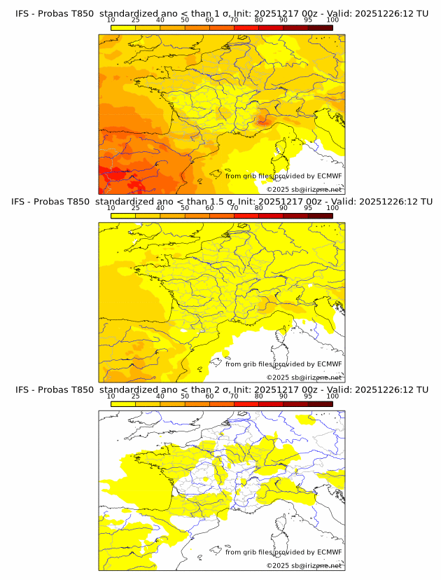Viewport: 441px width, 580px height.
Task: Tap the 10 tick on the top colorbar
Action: point(111,21)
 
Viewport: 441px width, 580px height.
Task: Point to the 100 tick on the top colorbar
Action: point(332,21)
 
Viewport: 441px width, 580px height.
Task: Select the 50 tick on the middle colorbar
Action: point(185,209)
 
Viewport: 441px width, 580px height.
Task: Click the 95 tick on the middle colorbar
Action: point(308,209)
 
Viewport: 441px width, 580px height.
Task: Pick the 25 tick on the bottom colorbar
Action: point(136,396)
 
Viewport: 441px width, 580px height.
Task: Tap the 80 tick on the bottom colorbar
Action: point(259,396)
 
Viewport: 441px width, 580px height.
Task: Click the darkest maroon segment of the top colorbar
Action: point(320,27)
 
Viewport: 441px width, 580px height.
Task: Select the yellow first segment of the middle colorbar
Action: point(123,215)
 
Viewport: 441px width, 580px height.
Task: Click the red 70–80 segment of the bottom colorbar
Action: point(246,403)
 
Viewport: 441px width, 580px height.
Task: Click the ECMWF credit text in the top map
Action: point(283,176)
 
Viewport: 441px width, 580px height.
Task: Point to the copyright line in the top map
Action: point(304,189)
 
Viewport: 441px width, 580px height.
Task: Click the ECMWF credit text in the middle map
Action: point(283,364)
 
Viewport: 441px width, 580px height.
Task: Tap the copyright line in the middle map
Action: point(304,377)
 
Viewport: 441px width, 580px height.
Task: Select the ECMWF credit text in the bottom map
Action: point(283,552)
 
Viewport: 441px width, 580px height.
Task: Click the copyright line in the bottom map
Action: point(304,565)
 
